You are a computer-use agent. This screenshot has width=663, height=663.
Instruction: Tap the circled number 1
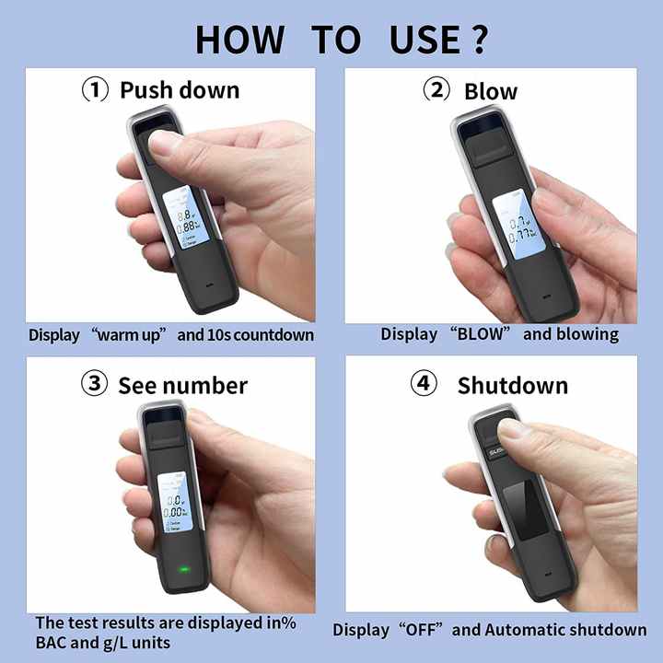click(96, 90)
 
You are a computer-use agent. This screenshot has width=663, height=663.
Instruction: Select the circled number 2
click(436, 90)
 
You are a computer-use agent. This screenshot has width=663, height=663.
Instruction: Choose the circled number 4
click(424, 384)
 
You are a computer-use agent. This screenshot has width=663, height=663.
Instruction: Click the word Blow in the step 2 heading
click(491, 91)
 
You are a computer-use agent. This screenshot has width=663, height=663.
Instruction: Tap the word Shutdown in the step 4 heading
click(513, 385)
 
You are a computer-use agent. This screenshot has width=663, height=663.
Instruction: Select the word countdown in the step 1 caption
click(273, 335)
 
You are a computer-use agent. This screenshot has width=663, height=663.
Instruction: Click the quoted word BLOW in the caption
click(481, 334)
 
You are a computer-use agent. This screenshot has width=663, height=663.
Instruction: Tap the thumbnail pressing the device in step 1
click(170, 145)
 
